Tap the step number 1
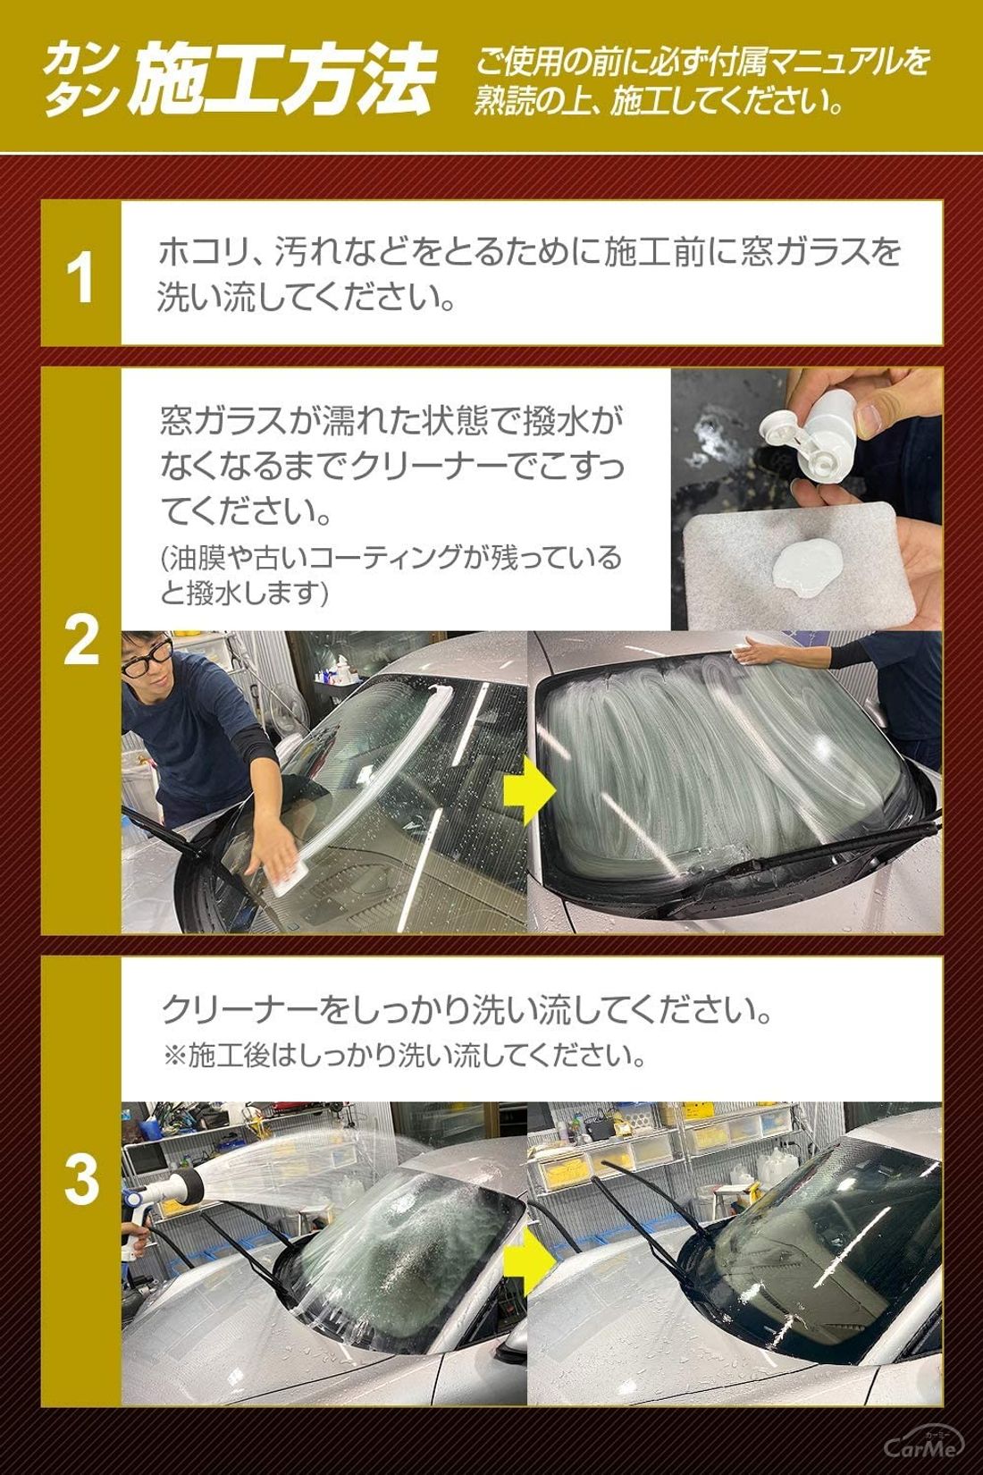click(x=81, y=279)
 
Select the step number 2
click(x=81, y=640)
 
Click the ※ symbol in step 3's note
click(x=174, y=1057)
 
